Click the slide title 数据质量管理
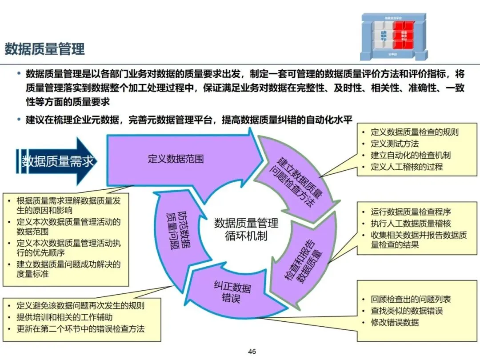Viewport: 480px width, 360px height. [44, 49]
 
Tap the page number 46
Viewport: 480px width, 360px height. [252, 352]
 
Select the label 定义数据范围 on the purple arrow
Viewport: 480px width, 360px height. [176, 159]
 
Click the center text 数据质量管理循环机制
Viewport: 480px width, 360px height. [246, 228]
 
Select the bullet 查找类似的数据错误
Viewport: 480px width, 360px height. [407, 311]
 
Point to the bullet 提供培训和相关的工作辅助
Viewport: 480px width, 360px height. [64, 317]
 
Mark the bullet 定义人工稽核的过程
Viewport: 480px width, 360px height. [407, 167]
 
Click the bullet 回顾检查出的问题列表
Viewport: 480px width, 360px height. [411, 300]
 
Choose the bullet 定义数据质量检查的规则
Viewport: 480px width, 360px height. [414, 132]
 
